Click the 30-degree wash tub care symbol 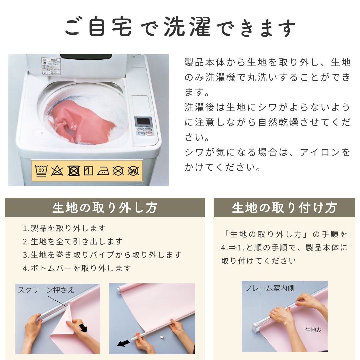pos(41,171)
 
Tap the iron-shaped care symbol pos(103,171)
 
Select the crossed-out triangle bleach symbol pos(57,171)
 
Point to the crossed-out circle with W pos(133,171)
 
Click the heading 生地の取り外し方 pos(105,208)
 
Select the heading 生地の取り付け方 pos(284,208)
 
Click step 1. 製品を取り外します pos(64,228)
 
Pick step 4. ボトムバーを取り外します pos(77,268)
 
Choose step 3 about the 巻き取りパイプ pos(102,255)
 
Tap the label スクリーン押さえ pos(46,290)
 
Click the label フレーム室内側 pos(270,288)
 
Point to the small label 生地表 pos(313,330)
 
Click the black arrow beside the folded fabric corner pos(83,328)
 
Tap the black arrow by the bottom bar pos(123,343)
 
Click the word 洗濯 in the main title pos(187,27)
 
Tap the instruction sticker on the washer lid pos(51,66)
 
